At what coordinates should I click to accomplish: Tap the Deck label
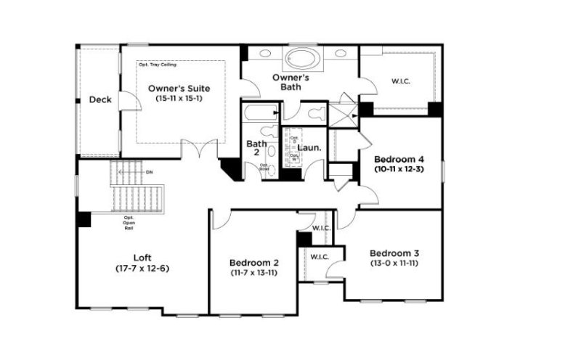[x=100, y=99]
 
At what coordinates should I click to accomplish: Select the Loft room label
[x=142, y=257]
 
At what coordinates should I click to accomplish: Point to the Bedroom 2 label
[x=252, y=262]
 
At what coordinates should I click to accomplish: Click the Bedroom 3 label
[x=394, y=253]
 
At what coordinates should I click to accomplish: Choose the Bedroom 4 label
[x=399, y=158]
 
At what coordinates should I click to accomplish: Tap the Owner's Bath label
[x=291, y=81]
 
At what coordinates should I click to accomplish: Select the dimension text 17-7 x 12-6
[x=142, y=268]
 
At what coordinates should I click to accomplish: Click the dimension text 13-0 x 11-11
[x=394, y=264]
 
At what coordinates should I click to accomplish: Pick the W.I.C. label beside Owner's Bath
[x=401, y=81]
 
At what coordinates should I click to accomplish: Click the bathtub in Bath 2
[x=260, y=113]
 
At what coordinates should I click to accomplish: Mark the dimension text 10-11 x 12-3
[x=399, y=169]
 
